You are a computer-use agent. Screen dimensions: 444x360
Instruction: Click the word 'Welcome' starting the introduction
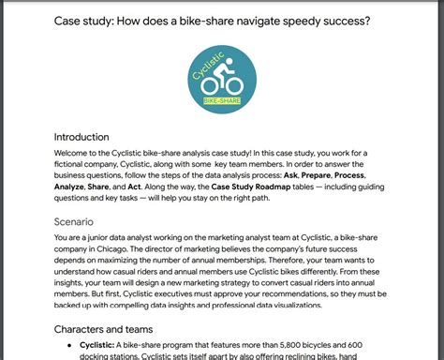pyautogui.click(x=77, y=155)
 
